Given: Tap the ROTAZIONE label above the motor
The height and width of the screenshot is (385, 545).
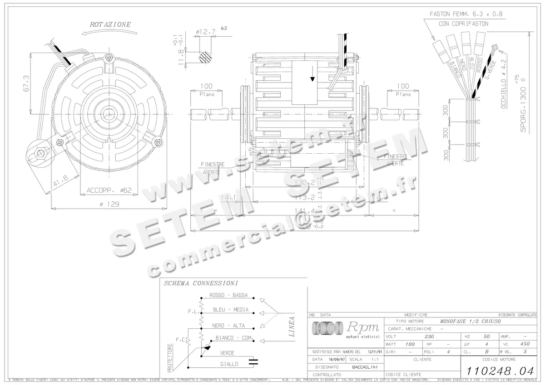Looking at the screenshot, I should pyautogui.click(x=110, y=24).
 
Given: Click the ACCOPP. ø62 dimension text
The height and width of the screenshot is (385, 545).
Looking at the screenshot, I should pyautogui.click(x=109, y=190).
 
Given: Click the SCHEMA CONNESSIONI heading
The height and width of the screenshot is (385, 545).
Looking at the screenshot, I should pyautogui.click(x=200, y=283).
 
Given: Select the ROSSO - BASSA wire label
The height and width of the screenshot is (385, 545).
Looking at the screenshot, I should pyautogui.click(x=228, y=295).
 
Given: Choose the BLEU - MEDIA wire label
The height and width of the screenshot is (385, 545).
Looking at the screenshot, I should pyautogui.click(x=231, y=310).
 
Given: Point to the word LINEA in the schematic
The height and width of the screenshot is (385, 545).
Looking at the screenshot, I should pyautogui.click(x=292, y=327).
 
